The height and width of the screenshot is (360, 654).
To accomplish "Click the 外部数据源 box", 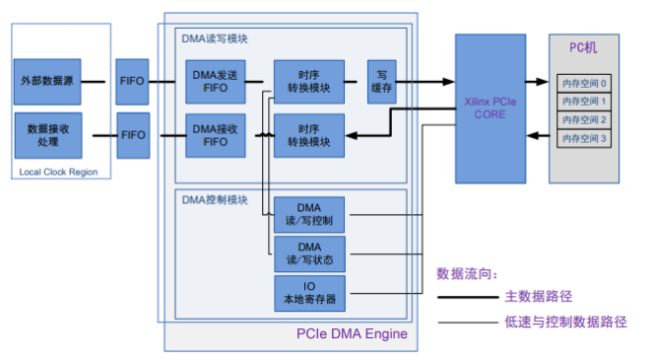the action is click(47, 82).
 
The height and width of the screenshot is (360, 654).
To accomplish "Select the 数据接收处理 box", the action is click(49, 136).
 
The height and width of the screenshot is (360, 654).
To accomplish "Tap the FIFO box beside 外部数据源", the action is click(133, 82).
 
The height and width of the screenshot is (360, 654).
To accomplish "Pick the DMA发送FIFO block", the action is click(215, 82).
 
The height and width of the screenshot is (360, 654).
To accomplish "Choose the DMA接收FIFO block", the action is click(215, 136).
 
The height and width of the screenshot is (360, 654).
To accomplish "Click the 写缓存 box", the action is click(382, 82).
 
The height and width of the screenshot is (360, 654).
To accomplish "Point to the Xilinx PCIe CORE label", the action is click(490, 108).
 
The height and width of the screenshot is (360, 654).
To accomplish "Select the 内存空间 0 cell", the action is click(584, 84).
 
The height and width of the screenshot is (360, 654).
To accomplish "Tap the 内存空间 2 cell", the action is click(584, 120).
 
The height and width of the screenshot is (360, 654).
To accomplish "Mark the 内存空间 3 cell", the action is click(584, 138).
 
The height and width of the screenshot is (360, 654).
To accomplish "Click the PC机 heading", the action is click(583, 48).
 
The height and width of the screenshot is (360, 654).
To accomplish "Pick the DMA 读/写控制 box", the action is click(309, 214).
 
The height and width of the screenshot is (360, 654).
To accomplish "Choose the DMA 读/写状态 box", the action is click(310, 254).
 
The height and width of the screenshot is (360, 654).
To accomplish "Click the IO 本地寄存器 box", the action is click(310, 293).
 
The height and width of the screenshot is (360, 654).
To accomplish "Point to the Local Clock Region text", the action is click(59, 172).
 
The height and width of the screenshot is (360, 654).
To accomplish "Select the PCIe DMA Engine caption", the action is click(352, 334).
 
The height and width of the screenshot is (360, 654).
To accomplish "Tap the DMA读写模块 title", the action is click(214, 39).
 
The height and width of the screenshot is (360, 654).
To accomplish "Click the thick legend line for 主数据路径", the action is click(468, 297).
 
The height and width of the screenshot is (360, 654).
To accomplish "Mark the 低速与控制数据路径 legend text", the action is click(565, 322).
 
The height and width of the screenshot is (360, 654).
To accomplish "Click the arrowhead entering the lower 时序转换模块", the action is click(351, 136).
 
